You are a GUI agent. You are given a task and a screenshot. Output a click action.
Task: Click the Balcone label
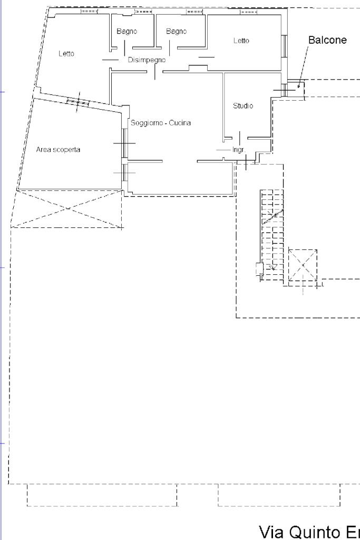click(x=327, y=41)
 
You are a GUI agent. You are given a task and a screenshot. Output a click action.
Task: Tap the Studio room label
click(x=243, y=106)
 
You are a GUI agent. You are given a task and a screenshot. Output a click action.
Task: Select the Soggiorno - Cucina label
click(x=161, y=123)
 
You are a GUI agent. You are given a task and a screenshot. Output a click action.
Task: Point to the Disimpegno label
click(x=147, y=60)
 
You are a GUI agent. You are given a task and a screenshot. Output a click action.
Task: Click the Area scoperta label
click(x=58, y=150)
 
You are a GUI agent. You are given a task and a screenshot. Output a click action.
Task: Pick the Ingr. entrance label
click(x=239, y=150)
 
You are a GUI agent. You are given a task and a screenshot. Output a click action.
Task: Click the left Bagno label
click(x=127, y=32)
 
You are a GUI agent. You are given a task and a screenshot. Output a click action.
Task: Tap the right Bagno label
click(x=176, y=32)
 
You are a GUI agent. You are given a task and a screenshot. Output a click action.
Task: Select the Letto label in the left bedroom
click(x=66, y=54)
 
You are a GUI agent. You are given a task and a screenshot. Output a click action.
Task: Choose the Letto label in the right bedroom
click(x=241, y=41)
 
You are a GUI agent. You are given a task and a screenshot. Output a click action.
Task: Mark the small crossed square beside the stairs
click(x=303, y=266)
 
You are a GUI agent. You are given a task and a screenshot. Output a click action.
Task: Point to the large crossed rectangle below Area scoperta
click(x=67, y=209)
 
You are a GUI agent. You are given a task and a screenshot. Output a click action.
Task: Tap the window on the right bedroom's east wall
click(x=285, y=44)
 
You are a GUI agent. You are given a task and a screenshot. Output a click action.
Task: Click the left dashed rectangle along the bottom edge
click(x=102, y=495)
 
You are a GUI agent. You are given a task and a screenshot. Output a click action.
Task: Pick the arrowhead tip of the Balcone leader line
click(x=298, y=86)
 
